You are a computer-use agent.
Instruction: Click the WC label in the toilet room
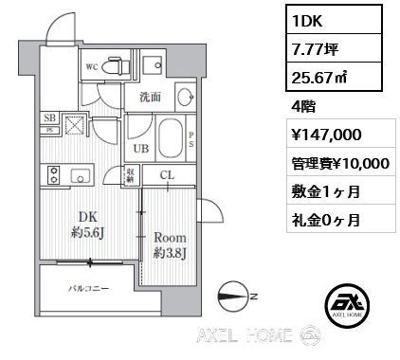click(x=92, y=67)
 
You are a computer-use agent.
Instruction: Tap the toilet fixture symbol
click(x=118, y=65)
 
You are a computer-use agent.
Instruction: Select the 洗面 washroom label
click(x=150, y=97)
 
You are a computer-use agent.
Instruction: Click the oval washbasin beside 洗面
click(x=185, y=97)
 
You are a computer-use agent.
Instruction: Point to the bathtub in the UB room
click(x=171, y=138)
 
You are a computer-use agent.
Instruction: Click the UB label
click(x=141, y=149)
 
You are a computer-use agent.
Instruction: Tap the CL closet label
click(x=167, y=174)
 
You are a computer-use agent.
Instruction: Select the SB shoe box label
click(x=49, y=118)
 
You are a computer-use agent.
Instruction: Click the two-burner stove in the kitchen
click(x=54, y=175)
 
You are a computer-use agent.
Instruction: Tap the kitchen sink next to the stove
click(x=81, y=175)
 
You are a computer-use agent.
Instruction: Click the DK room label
click(x=88, y=217)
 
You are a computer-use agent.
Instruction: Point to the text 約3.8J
click(x=170, y=253)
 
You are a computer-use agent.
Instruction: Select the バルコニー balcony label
click(x=89, y=288)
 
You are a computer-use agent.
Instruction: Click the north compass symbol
click(x=232, y=297)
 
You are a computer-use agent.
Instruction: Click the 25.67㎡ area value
click(x=319, y=78)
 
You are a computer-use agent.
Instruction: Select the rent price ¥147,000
click(x=326, y=135)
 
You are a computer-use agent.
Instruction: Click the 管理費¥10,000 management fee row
click(x=340, y=164)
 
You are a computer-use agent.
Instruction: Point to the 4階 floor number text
click(x=303, y=107)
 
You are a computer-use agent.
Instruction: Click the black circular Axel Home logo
click(x=348, y=305)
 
